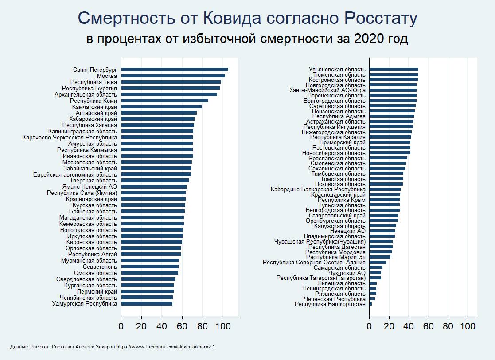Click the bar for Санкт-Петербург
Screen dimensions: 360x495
click(x=174, y=70)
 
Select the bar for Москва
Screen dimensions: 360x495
click(x=173, y=76)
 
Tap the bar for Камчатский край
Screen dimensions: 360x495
click(x=161, y=107)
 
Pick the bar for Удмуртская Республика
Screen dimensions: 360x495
click(x=146, y=304)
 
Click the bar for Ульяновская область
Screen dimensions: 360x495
click(x=394, y=70)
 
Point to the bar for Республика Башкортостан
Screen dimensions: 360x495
click(x=370, y=304)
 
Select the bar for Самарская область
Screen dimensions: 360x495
click(x=375, y=267)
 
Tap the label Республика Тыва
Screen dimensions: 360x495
click(x=94, y=82)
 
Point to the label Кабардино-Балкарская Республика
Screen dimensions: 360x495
click(x=318, y=190)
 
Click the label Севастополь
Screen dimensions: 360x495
click(x=100, y=267)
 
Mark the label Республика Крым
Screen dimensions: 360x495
click(x=342, y=200)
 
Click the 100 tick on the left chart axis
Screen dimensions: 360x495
click(x=223, y=327)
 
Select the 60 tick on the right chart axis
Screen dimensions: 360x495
click(x=429, y=327)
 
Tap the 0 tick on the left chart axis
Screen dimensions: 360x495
click(x=121, y=327)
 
